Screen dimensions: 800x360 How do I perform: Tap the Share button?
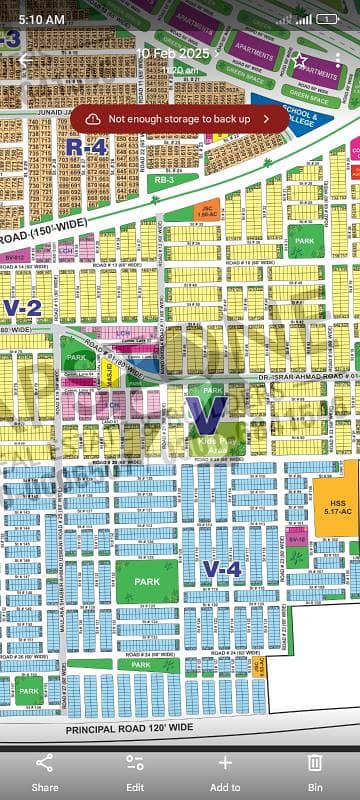[45, 770]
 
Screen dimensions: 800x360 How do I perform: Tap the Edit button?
[135, 770]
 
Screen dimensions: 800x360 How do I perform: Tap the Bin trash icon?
[314, 770]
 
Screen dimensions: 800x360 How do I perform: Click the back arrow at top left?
[25, 60]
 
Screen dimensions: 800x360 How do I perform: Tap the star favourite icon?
[301, 61]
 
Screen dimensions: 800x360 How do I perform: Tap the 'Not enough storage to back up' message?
[180, 118]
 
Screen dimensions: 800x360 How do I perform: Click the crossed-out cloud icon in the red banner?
[93, 118]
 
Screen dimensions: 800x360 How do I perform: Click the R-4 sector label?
[86, 146]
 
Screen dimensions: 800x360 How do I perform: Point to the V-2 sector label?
[22, 307]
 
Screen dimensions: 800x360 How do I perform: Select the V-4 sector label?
[222, 569]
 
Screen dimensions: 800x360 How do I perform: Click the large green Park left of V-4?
[147, 581]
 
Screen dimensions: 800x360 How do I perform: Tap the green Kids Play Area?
[211, 440]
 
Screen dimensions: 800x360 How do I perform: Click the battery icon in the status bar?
[327, 19]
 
